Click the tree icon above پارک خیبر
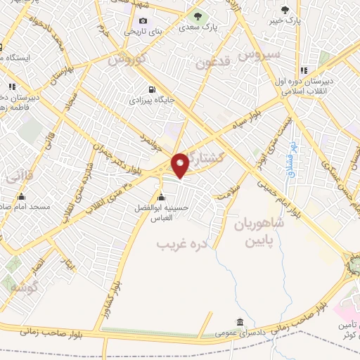[x=285, y=9]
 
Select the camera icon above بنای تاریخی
[x=143, y=20]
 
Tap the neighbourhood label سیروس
[x=259, y=53]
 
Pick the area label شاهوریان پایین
[x=257, y=233]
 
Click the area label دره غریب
[x=173, y=245]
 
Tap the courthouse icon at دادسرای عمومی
[x=240, y=322]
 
